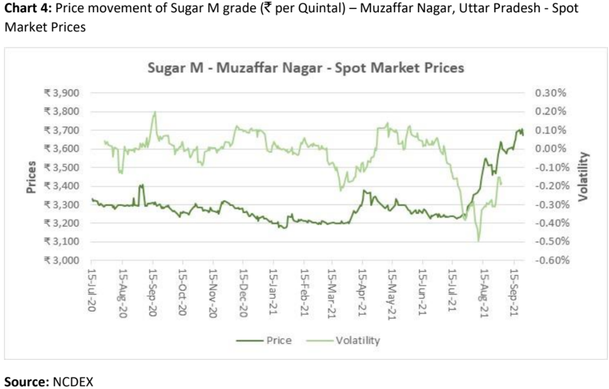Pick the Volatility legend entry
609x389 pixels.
coord(358,340)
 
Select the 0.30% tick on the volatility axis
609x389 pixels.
coord(551,93)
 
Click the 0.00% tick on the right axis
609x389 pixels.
coord(551,149)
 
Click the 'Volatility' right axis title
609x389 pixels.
coord(584,176)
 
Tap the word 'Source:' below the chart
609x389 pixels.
coord(26,382)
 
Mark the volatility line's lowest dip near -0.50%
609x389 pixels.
coord(479,241)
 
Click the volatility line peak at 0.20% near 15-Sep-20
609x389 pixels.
coord(154,112)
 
